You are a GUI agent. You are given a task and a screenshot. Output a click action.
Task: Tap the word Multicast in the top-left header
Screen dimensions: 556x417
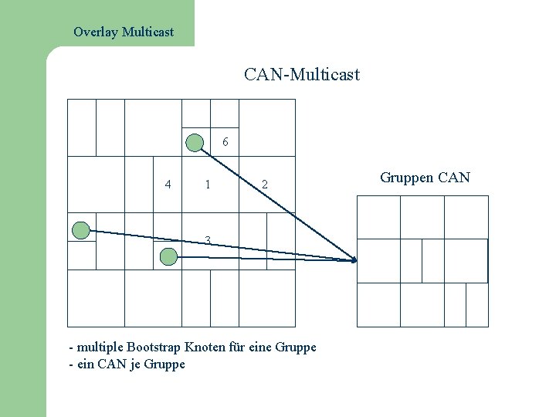click(147, 32)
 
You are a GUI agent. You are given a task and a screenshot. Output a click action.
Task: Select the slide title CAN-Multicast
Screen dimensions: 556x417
click(302, 75)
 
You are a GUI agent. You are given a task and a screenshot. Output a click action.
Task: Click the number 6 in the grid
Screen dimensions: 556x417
click(225, 142)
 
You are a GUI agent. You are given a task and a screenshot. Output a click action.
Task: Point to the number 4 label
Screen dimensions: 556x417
click(168, 184)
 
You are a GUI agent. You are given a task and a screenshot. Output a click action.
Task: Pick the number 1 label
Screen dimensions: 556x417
click(206, 185)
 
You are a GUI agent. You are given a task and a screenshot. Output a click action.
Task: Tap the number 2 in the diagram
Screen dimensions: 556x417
click(264, 185)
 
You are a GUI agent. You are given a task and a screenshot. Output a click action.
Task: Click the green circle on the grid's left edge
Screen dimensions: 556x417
click(80, 229)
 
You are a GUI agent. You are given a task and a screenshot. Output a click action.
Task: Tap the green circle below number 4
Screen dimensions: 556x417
click(167, 258)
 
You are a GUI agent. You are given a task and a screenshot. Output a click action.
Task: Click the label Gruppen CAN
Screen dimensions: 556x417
click(425, 178)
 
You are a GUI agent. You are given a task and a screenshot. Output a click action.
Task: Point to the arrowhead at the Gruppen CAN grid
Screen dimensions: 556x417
click(354, 260)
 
